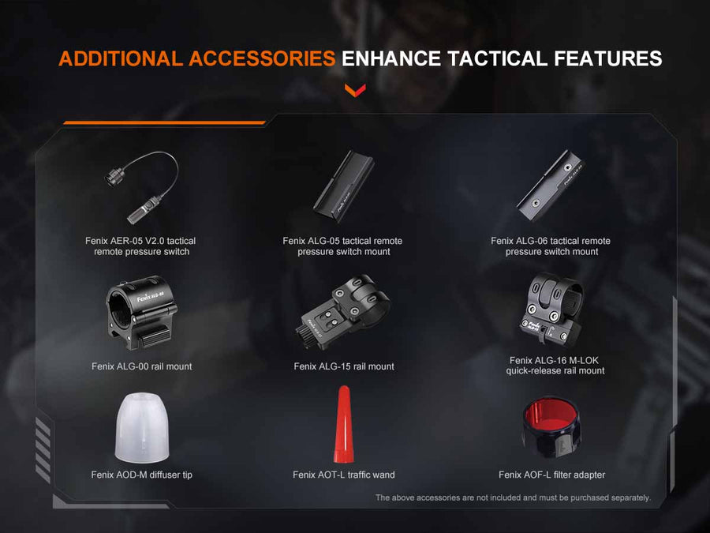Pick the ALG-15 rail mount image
point(344,312)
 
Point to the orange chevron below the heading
point(355,89)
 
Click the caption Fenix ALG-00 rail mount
point(141,366)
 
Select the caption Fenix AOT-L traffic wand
point(343,475)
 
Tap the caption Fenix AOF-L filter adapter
point(551,475)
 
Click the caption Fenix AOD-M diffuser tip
point(141,475)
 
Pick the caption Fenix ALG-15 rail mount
point(343,366)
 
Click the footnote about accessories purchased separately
point(512,497)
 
